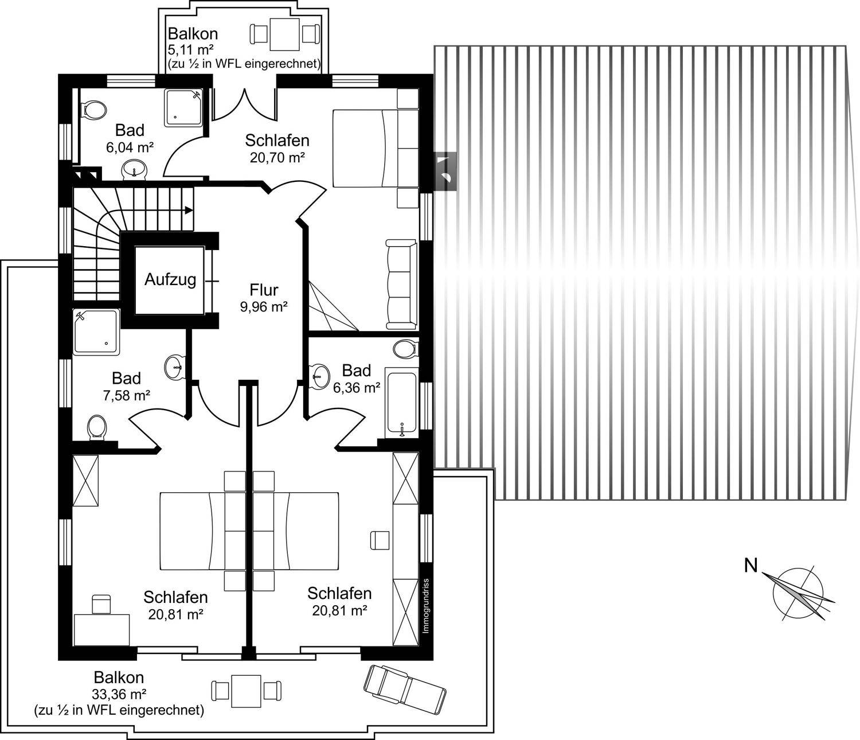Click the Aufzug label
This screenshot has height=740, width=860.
[x=170, y=280]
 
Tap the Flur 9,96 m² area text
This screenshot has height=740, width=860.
[x=264, y=307]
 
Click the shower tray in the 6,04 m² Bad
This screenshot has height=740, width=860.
[x=183, y=107]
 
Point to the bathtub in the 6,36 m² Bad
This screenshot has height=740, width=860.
[x=402, y=403]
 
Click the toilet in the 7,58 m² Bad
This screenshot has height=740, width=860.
[x=97, y=427]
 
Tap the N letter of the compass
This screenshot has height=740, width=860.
[x=751, y=566]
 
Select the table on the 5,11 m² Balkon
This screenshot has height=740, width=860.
[x=285, y=34]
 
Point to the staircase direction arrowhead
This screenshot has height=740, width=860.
[x=189, y=210]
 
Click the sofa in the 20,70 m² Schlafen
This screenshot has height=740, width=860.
[x=401, y=285]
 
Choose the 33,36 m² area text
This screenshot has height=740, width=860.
[x=119, y=694]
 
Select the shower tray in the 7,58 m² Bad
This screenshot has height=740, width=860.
[x=96, y=332]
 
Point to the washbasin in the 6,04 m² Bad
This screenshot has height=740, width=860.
[x=134, y=170]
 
